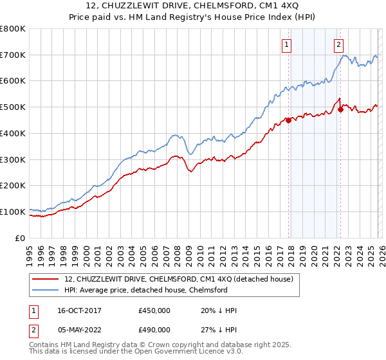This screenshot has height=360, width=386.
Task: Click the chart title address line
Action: tap(192, 6)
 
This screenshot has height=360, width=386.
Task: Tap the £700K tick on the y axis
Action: tap(13, 55)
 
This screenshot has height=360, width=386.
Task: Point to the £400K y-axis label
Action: tap(13, 133)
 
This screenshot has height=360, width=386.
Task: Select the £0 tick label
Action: tap(19, 238)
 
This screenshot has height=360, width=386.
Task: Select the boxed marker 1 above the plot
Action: tap(286, 45)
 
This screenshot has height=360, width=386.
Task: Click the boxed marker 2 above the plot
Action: tap(338, 45)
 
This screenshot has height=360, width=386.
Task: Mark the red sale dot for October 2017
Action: tap(289, 120)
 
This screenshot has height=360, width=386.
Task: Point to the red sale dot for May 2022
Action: tap(340, 109)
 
